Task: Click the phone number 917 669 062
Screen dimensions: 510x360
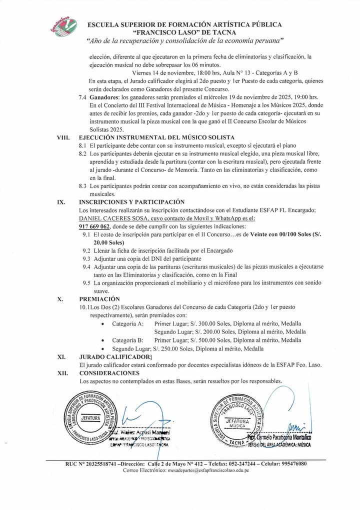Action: click(x=94, y=226)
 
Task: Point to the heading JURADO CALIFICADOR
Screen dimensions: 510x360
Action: click(x=115, y=356)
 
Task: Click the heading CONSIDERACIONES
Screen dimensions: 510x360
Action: click(x=109, y=373)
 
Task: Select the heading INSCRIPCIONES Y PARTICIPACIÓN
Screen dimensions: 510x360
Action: click(x=132, y=202)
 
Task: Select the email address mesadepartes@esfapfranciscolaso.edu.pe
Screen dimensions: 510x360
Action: click(x=202, y=471)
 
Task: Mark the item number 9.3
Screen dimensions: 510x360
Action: click(x=86, y=258)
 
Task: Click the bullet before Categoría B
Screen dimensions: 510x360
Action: click(x=102, y=340)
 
